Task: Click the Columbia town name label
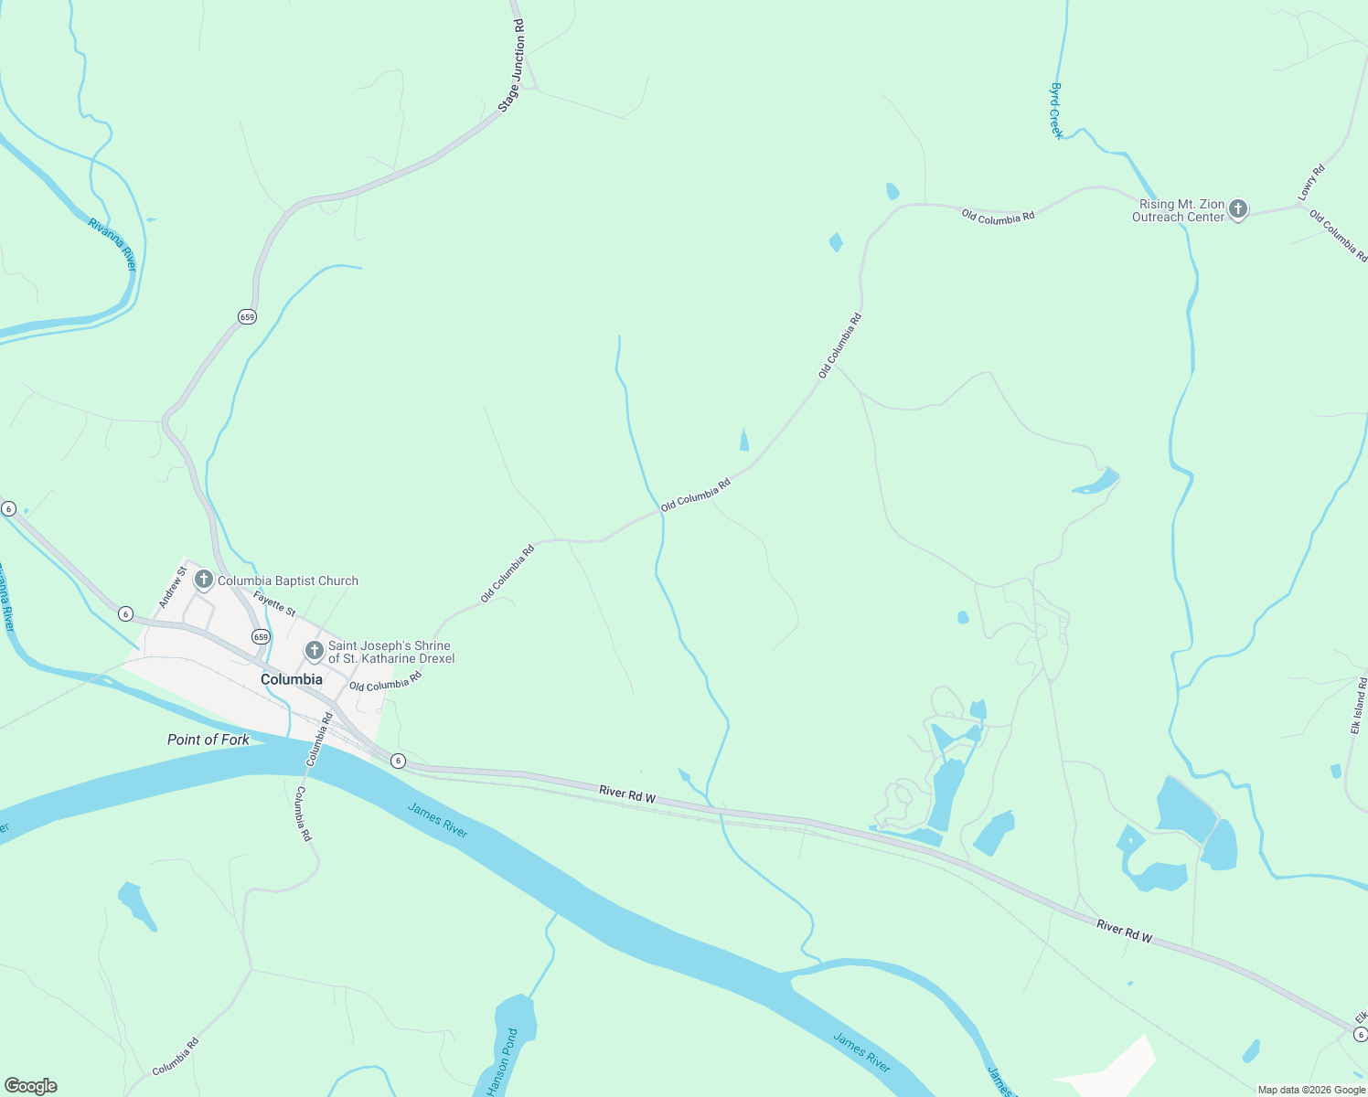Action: pyautogui.click(x=291, y=679)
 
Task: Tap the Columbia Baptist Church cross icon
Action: pyautogui.click(x=203, y=580)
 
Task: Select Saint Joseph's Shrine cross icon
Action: pyautogui.click(x=314, y=651)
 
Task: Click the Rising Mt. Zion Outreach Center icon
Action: pyautogui.click(x=1237, y=209)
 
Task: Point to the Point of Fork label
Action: pyautogui.click(x=208, y=740)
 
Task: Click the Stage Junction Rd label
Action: pyautogui.click(x=513, y=66)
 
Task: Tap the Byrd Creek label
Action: pyautogui.click(x=1056, y=111)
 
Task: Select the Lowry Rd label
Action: pyautogui.click(x=1311, y=183)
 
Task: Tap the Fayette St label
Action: pyautogui.click(x=274, y=603)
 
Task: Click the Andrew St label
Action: pyautogui.click(x=172, y=587)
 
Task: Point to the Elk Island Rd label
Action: pyautogui.click(x=1359, y=705)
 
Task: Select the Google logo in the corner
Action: pyautogui.click(x=30, y=1086)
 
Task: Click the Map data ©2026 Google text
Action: pyautogui.click(x=1310, y=1090)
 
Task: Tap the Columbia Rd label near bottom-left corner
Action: pyautogui.click(x=175, y=1056)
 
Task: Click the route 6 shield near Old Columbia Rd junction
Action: pyautogui.click(x=398, y=761)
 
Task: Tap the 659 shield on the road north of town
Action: pyautogui.click(x=247, y=316)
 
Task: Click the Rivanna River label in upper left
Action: pyautogui.click(x=112, y=244)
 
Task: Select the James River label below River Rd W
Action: pyautogui.click(x=437, y=819)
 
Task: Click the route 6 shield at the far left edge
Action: pyautogui.click(x=8, y=508)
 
